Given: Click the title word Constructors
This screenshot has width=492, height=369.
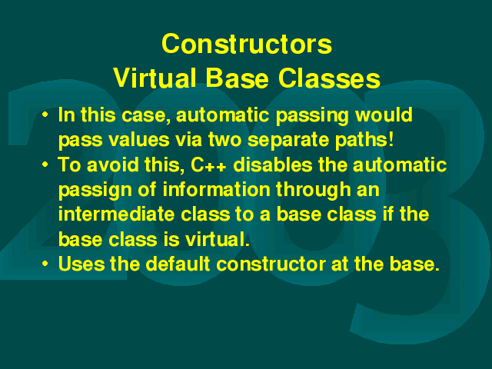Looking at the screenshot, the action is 247,44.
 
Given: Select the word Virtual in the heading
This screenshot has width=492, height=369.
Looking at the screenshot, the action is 155,78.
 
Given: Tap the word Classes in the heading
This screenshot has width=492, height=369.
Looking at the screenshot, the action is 329,78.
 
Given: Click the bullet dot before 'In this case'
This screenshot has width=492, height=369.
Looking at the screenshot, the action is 45,115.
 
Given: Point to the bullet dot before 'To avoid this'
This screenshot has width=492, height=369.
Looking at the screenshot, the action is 45,164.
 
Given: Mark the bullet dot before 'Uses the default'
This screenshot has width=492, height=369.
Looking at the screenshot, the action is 45,263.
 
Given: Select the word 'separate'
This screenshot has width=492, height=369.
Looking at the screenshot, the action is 288,140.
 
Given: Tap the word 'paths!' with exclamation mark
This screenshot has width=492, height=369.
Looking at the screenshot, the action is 364,140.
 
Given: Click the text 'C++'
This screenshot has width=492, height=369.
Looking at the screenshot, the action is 208,165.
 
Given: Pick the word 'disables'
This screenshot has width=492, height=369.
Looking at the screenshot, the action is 273,165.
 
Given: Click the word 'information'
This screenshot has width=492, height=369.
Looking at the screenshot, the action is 216,189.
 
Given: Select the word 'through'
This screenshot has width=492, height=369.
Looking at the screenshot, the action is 313,190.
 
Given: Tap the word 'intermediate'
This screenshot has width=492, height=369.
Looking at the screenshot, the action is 116,214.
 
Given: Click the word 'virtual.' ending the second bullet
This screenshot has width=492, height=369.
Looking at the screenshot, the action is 217,239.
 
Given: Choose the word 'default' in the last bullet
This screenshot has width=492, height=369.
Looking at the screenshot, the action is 178,264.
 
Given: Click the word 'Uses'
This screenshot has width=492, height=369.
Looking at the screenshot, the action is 81,264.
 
